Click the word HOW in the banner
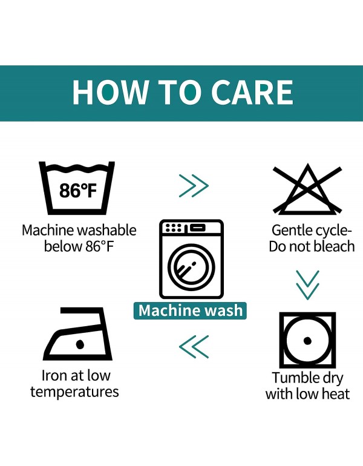tap(110, 92)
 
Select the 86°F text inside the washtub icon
tap(78, 191)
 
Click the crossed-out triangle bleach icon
tap(307, 189)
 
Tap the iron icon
tap(78, 333)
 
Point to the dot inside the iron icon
tap(80, 344)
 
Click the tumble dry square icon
tap(307, 340)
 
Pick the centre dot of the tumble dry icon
tap(307, 341)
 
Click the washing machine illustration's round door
tap(191, 266)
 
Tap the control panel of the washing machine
tap(191, 228)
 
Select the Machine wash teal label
tap(190, 310)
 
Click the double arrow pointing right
tap(194, 186)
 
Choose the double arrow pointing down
tap(307, 284)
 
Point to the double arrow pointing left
tap(194, 347)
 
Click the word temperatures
tap(74, 392)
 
